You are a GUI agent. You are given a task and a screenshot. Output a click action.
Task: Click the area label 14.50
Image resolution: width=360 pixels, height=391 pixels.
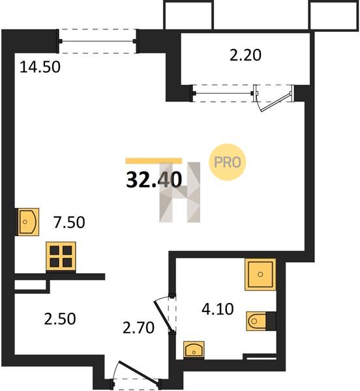[40, 67]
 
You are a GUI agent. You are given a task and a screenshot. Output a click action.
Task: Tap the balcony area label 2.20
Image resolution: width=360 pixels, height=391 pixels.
[245, 55]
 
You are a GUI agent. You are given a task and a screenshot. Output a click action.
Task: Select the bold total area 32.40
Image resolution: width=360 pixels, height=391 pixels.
[154, 180]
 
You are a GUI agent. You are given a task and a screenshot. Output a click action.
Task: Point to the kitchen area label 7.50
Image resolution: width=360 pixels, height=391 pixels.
[69, 222]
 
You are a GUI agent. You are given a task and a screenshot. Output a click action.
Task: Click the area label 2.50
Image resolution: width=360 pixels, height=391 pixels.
[60, 319]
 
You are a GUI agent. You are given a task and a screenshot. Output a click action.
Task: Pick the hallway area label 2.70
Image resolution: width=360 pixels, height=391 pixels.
[138, 328]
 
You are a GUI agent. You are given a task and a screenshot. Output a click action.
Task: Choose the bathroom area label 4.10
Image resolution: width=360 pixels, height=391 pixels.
[218, 309]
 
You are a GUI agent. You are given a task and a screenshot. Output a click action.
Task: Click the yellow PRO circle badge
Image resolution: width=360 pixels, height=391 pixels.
[228, 162]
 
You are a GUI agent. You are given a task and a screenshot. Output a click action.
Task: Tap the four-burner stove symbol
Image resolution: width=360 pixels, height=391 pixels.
[61, 256]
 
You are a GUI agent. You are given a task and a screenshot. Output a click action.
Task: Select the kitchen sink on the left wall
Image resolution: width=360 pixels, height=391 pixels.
[27, 222]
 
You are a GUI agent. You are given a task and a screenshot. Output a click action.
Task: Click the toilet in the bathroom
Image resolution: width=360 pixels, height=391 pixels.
[261, 321]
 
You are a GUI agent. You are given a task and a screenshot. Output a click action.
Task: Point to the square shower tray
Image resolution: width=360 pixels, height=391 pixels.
[260, 274]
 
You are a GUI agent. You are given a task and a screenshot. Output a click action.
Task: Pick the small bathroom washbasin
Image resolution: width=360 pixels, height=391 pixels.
[194, 350]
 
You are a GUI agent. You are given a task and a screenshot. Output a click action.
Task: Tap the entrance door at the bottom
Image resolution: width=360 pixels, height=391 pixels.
[138, 371]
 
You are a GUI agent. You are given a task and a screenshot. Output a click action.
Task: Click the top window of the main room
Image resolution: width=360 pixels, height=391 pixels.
[98, 41]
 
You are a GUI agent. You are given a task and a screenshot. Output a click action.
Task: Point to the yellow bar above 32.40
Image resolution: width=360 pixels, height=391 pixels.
[154, 161]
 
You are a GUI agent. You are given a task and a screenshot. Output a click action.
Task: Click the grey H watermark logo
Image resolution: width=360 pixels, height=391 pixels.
[180, 192]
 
